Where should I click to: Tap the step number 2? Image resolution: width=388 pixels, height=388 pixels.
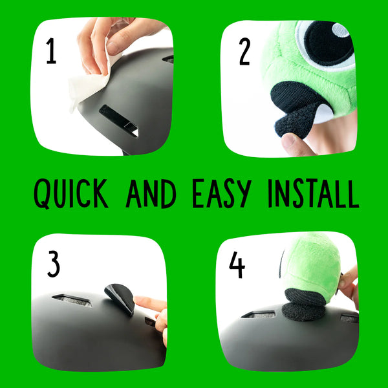(244, 51)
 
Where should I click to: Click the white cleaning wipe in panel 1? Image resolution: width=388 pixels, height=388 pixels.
(87, 87)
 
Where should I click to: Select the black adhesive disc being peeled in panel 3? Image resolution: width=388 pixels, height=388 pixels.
(120, 297)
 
